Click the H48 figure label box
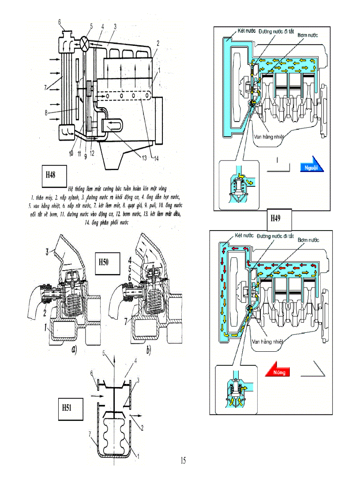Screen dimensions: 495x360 tap(51, 174)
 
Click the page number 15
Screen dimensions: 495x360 tap(183, 461)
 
